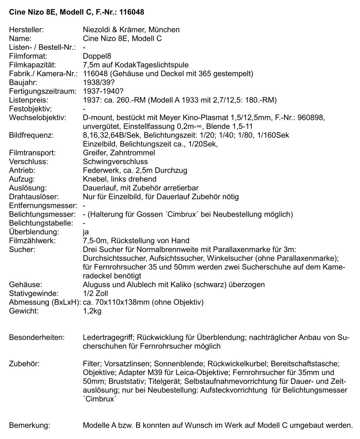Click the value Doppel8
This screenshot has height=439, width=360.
tap(97, 56)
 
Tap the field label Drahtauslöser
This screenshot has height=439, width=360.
tap(33, 197)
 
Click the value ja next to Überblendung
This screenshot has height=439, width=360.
tap(86, 232)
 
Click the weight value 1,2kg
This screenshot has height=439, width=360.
tap(92, 311)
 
